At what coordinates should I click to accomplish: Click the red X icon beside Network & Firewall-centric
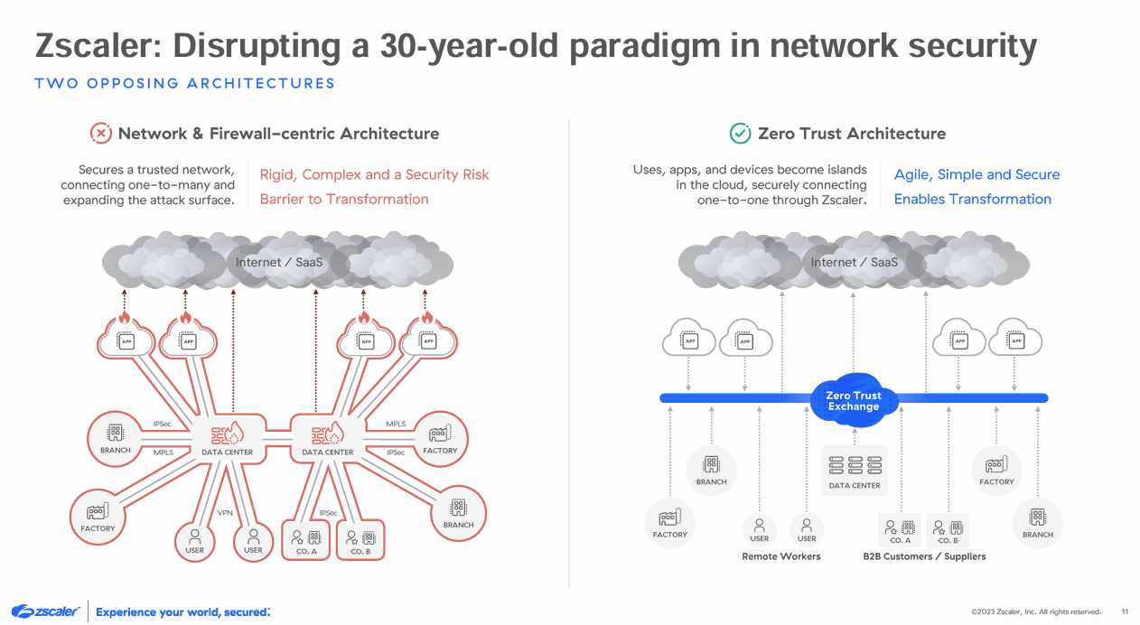coord(101,134)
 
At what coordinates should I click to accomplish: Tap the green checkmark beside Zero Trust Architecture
coord(740,134)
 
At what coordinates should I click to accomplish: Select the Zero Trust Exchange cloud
coord(853,400)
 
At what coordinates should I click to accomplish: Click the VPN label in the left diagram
coord(225,513)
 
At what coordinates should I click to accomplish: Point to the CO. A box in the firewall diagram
coord(307,539)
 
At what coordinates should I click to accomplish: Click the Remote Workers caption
coord(780,556)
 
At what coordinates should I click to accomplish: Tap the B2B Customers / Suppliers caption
coord(924,556)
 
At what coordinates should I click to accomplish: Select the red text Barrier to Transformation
coord(344,199)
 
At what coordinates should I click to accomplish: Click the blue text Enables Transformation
coord(972,199)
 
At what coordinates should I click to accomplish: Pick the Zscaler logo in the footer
coord(46,611)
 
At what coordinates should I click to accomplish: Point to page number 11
coord(1125,611)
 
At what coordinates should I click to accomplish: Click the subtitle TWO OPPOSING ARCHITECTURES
coord(184,84)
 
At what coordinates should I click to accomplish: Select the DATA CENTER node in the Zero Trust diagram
coord(854,470)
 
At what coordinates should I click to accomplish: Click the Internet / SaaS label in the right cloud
coord(854,263)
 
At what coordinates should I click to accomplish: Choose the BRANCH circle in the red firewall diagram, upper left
coord(115,439)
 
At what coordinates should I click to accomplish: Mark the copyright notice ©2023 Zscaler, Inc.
coord(1036,611)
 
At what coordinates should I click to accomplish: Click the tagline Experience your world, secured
coord(182,611)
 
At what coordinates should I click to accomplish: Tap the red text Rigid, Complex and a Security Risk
coord(374,174)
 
